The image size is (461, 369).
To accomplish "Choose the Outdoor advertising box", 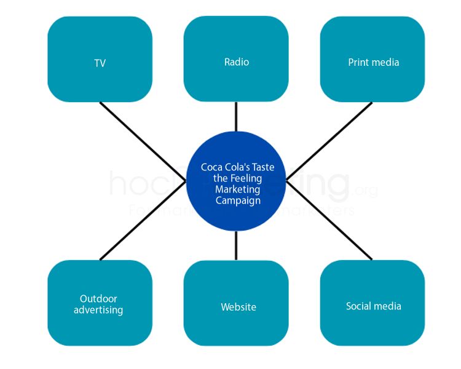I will (x=100, y=303).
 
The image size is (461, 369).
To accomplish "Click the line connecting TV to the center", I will (x=143, y=141).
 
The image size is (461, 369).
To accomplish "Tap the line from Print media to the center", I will (x=329, y=141).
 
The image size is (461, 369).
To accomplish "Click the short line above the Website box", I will (x=236, y=246).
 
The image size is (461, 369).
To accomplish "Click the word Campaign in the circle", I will (x=238, y=200).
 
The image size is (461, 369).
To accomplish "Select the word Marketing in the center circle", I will (x=238, y=189).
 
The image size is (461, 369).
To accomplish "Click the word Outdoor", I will (x=98, y=299).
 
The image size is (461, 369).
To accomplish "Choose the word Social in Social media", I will (x=358, y=306).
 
